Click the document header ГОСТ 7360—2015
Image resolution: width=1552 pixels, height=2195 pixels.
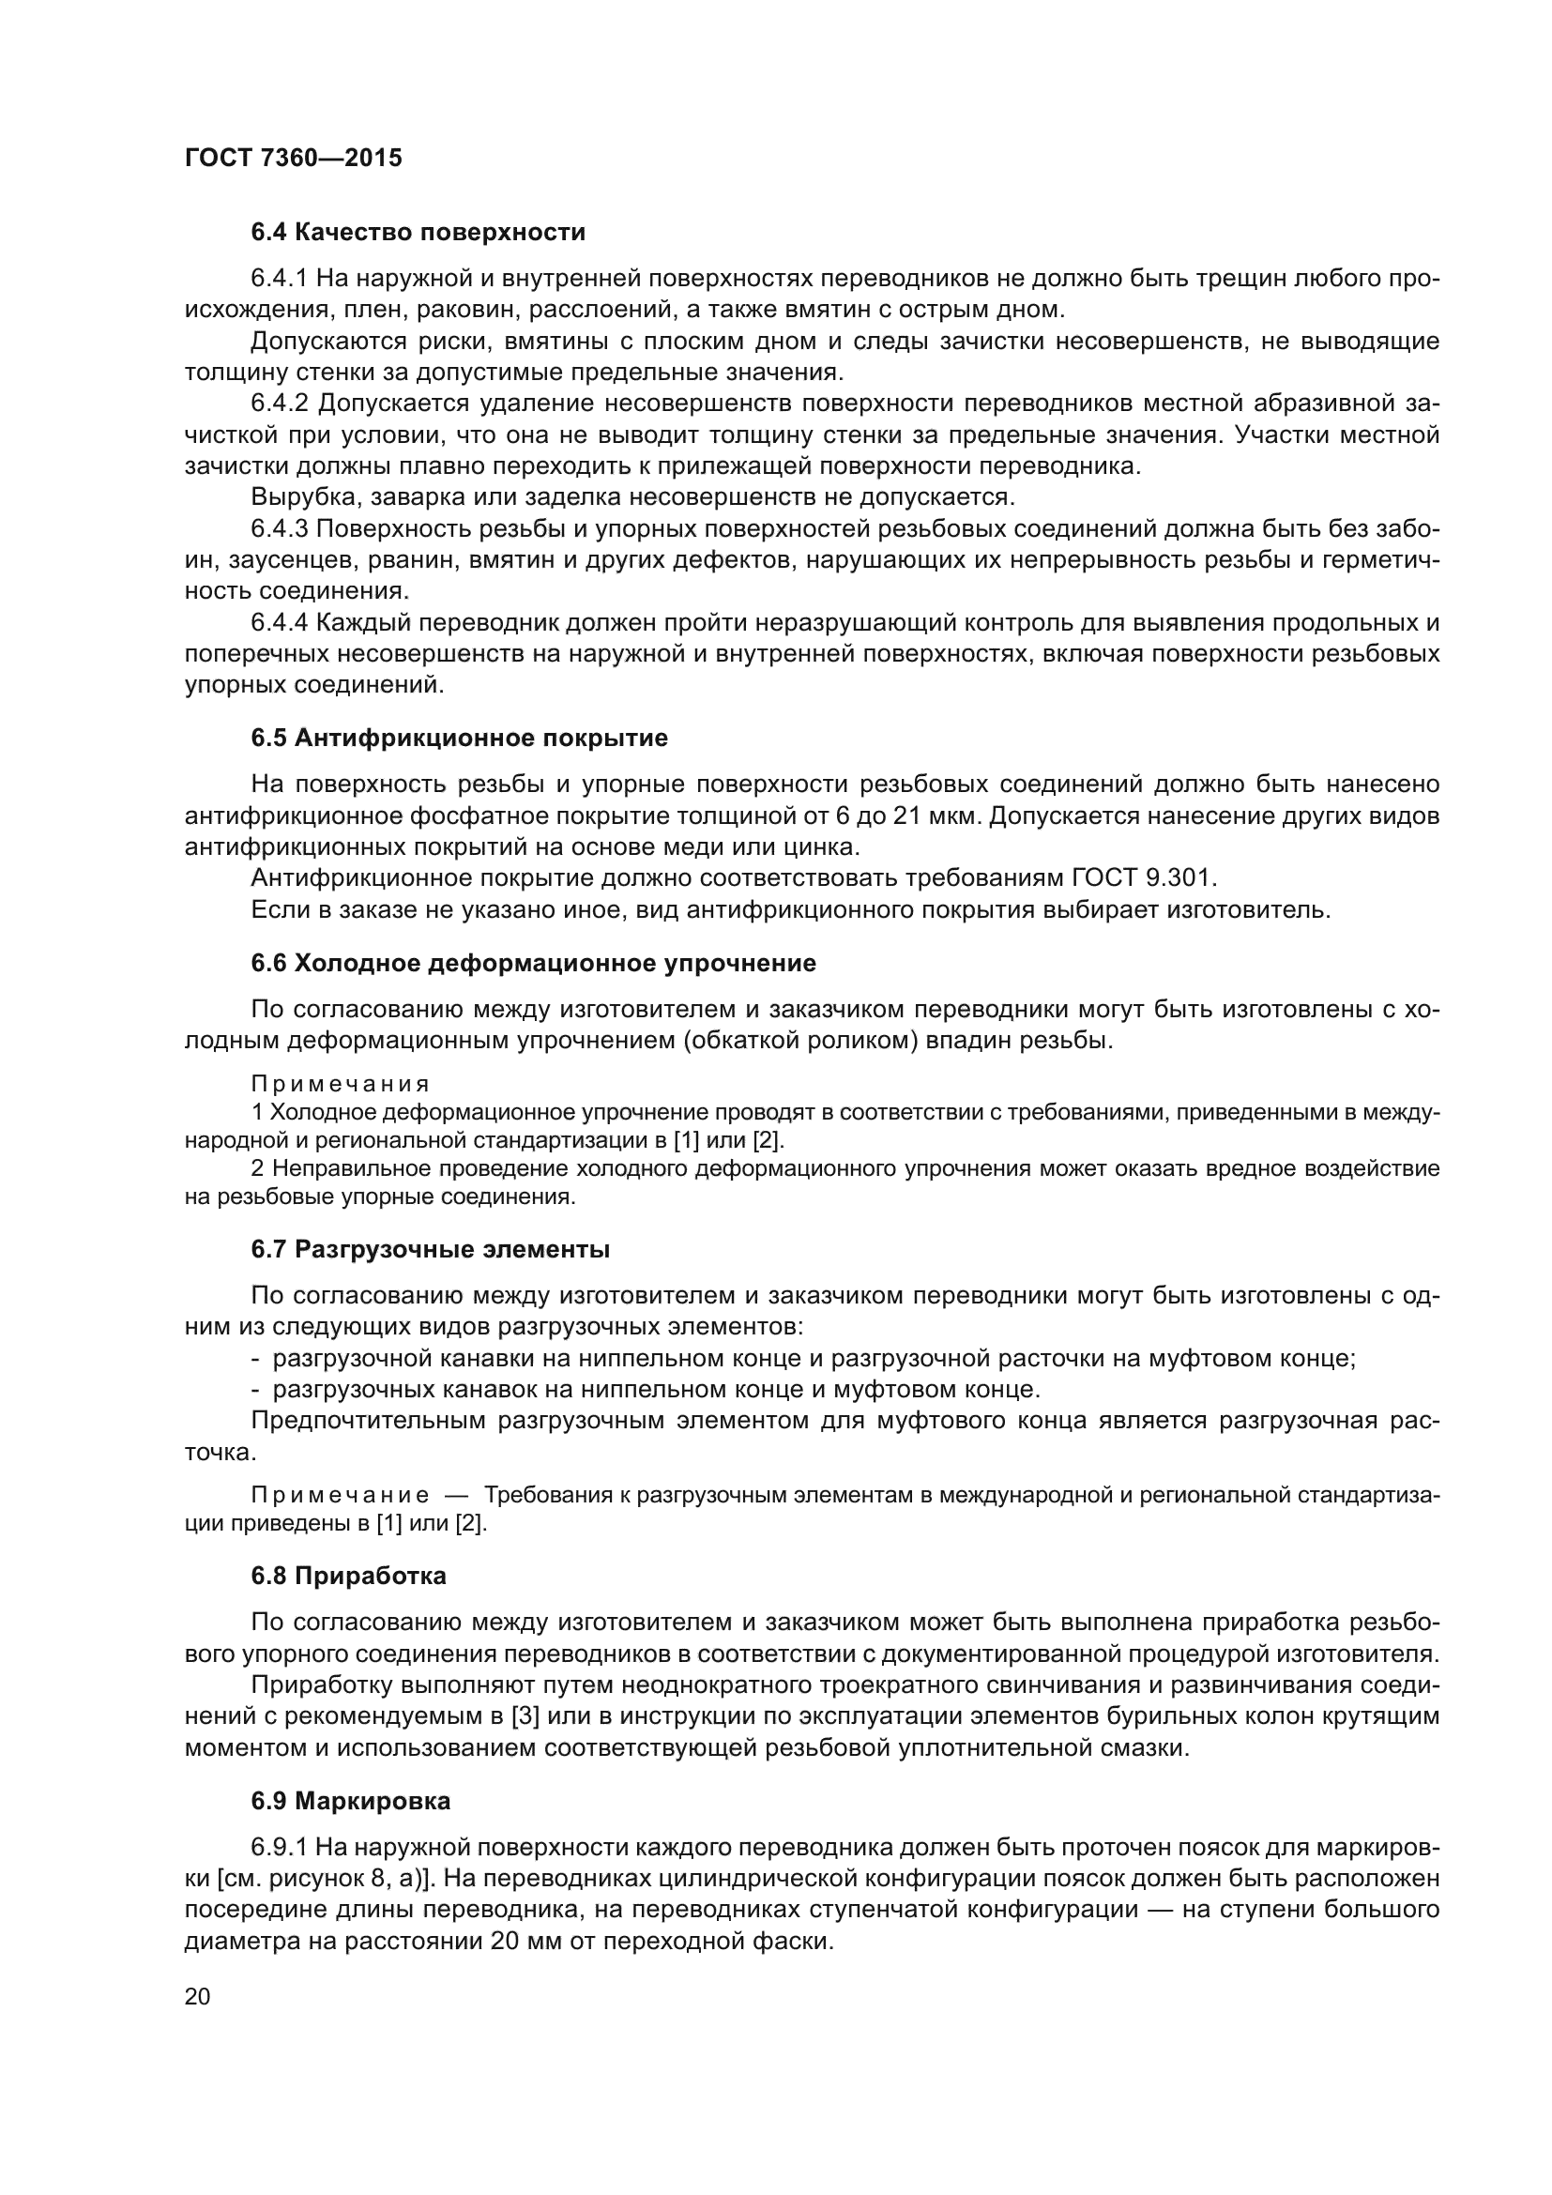[294, 158]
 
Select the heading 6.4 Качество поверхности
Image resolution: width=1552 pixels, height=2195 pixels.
[418, 233]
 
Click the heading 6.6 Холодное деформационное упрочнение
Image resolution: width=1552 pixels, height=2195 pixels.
[533, 963]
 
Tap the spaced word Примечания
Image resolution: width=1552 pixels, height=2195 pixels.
[341, 1084]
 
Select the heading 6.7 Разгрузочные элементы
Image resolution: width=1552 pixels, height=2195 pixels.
[430, 1249]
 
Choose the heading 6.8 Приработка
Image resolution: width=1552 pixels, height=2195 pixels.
[349, 1577]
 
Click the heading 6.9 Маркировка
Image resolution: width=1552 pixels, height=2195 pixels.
[351, 1802]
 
